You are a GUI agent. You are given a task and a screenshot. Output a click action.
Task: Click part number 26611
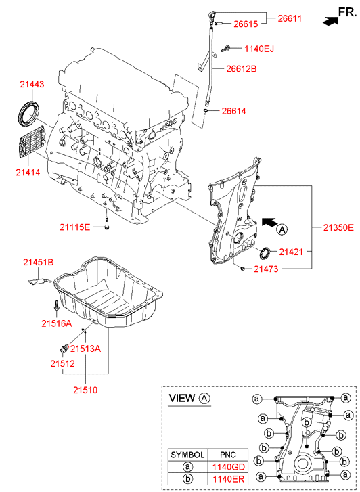click(x=290, y=18)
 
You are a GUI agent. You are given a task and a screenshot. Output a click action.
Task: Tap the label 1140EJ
click(x=259, y=49)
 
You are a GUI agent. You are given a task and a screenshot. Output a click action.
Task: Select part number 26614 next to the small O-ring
click(x=234, y=111)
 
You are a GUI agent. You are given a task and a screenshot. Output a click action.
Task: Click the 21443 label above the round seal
click(x=32, y=85)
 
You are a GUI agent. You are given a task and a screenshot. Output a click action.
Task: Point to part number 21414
click(x=28, y=172)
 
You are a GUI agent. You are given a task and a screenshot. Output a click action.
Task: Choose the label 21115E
click(x=74, y=227)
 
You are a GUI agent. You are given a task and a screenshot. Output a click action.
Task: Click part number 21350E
click(x=338, y=227)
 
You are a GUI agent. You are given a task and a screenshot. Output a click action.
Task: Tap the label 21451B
click(x=39, y=263)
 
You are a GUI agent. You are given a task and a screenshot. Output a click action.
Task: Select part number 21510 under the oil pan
click(x=85, y=390)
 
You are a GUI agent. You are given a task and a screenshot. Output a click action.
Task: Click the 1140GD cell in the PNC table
click(x=229, y=467)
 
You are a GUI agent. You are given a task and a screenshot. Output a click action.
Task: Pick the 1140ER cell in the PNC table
click(x=228, y=479)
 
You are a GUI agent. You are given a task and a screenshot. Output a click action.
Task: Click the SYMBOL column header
click(x=187, y=455)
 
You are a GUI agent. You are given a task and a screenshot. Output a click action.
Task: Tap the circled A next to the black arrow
click(x=282, y=229)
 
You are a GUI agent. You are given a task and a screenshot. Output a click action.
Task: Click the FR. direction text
click(x=347, y=12)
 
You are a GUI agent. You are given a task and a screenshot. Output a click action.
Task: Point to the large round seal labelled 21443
click(x=28, y=112)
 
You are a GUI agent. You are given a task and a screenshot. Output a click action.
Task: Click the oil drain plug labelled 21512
click(x=64, y=349)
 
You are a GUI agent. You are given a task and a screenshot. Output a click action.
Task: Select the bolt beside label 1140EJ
click(x=225, y=49)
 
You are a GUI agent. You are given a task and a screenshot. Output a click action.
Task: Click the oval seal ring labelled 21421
click(x=265, y=253)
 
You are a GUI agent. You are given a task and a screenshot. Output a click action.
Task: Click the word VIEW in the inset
click(x=182, y=398)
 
